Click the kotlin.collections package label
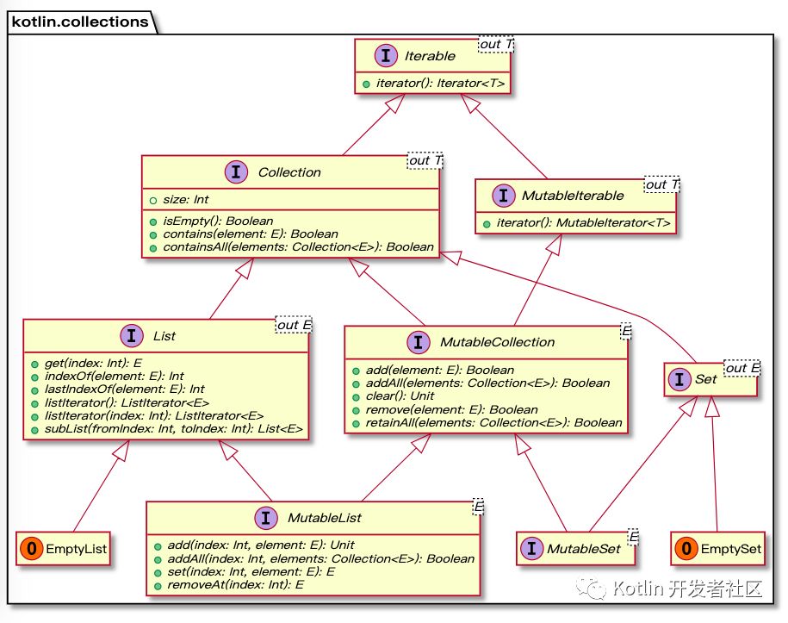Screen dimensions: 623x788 (x=79, y=20)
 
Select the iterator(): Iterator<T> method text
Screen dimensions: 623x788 (x=439, y=83)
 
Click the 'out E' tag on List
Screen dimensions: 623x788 (x=294, y=325)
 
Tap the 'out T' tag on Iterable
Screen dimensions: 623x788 (x=496, y=45)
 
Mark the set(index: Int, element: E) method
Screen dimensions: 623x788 (x=245, y=571)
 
